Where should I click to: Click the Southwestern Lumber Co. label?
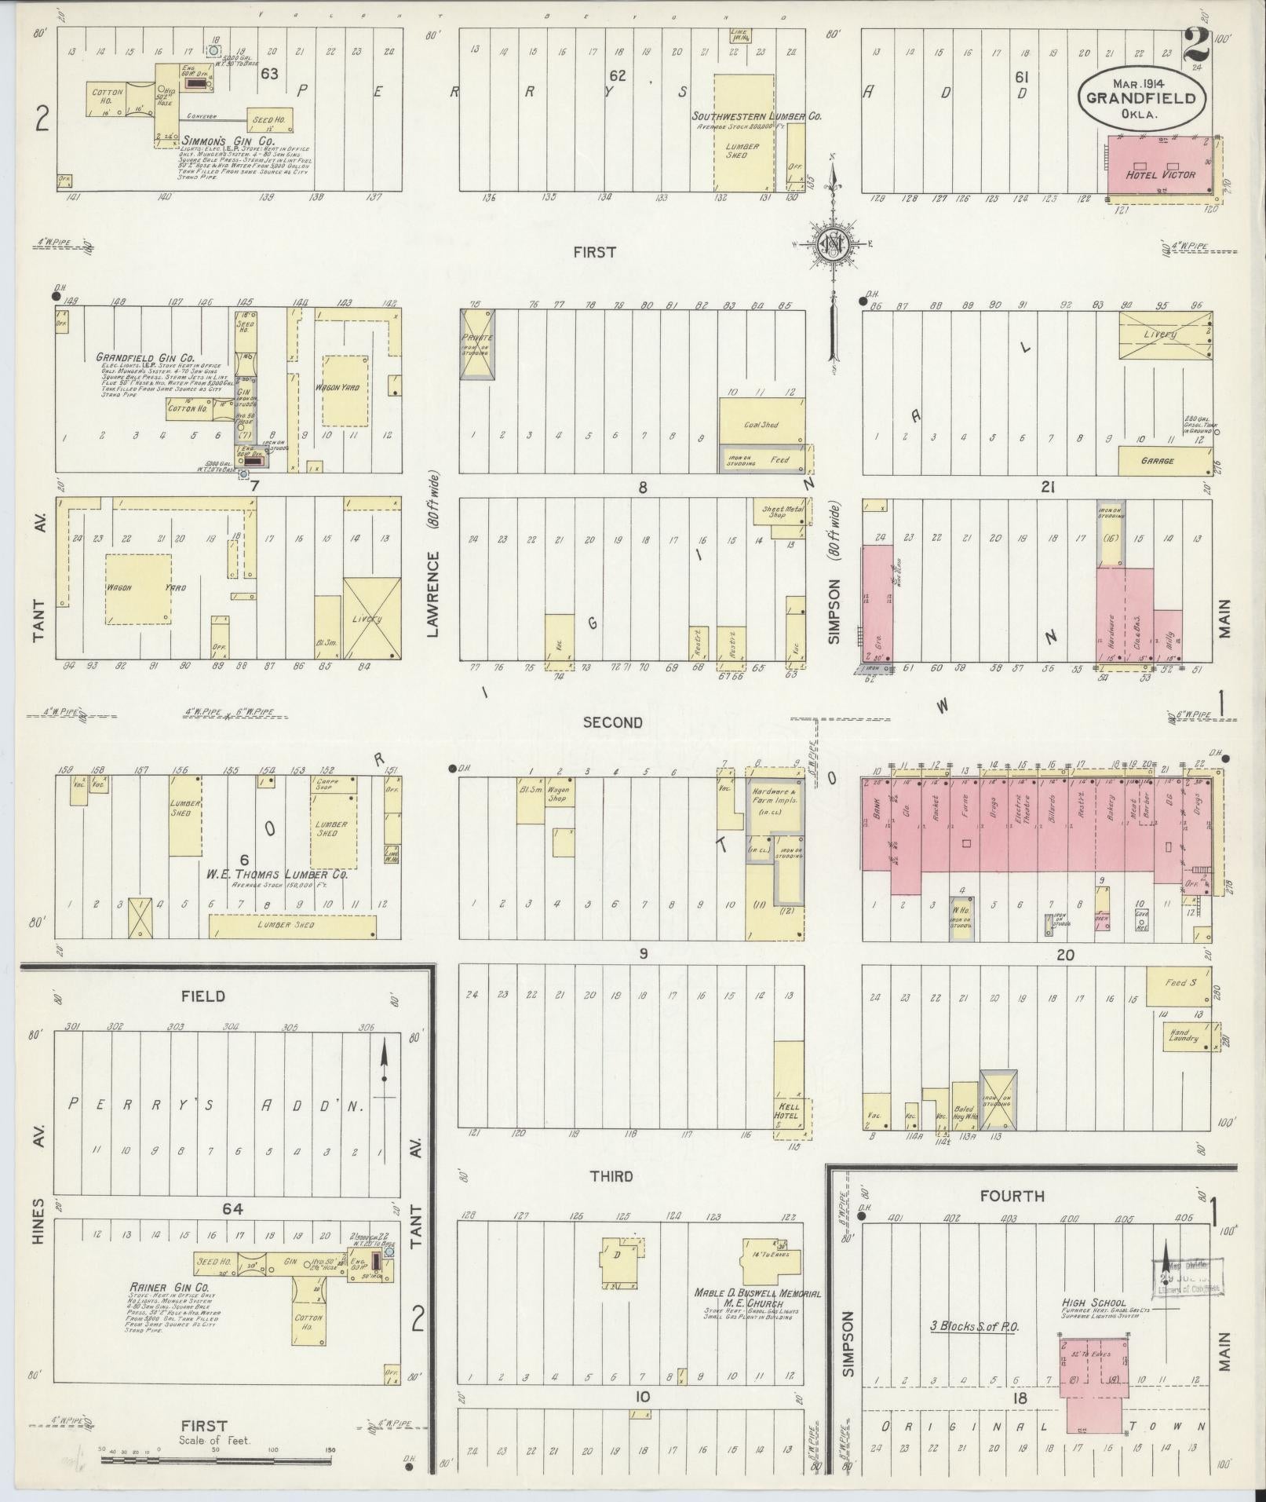[x=756, y=116]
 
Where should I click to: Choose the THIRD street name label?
[x=613, y=1175]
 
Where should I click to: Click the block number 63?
[x=270, y=75]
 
